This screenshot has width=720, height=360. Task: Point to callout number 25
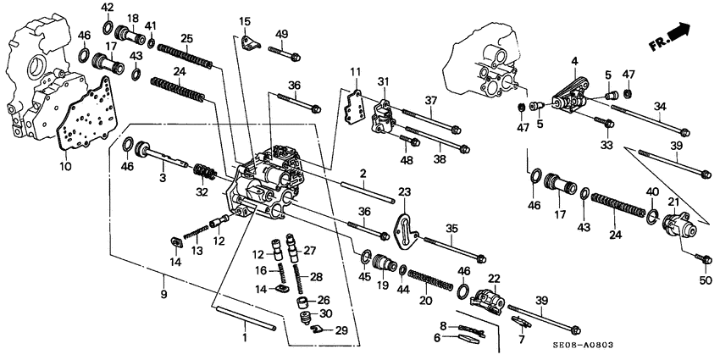click(x=186, y=38)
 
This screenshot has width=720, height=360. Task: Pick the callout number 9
click(x=162, y=294)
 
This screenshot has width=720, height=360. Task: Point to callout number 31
click(x=382, y=81)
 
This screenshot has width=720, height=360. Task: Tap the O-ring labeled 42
click(x=107, y=27)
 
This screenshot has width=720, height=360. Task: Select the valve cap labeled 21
click(x=679, y=226)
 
